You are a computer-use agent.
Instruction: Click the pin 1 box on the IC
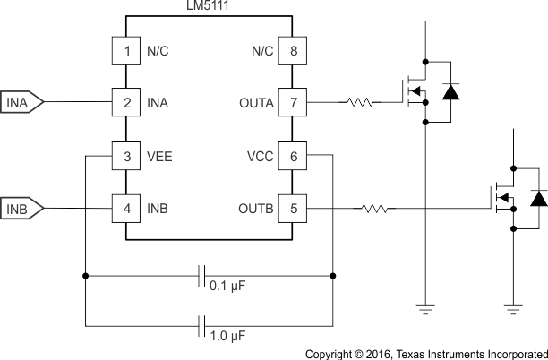tap(127, 50)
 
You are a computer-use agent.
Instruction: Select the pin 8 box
tap(293, 50)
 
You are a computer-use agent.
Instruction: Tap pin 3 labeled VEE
tap(127, 156)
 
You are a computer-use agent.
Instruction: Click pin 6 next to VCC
tap(293, 156)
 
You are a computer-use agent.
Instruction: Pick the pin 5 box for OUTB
tap(293, 210)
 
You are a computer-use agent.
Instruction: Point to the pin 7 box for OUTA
tap(293, 102)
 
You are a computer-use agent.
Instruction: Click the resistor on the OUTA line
tap(361, 102)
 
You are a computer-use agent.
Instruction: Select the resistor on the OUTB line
tap(374, 210)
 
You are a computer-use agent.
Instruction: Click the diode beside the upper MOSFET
tap(451, 90)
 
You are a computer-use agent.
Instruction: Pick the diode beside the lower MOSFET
tap(538, 198)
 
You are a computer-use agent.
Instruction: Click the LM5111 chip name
tap(209, 6)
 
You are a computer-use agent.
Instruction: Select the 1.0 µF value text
tap(227, 339)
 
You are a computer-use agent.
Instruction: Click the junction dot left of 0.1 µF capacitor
tap(85, 276)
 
